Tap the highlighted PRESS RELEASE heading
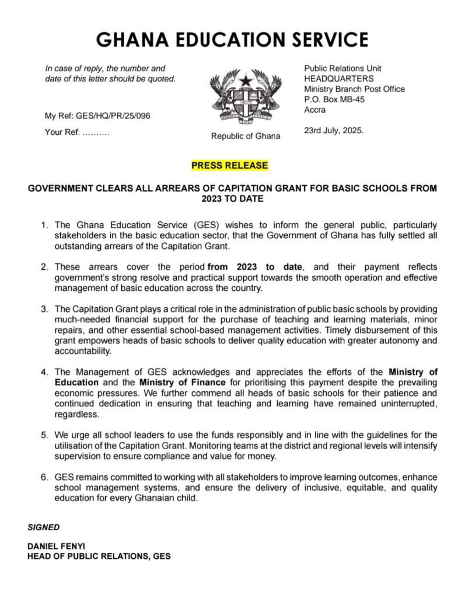point(230,166)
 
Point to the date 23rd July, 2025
point(334,131)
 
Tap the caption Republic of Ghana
point(246,137)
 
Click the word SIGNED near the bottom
point(44,527)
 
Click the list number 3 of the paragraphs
point(44,308)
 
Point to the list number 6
point(44,478)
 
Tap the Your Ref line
point(77,133)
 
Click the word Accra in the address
point(315,110)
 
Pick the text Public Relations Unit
point(343,69)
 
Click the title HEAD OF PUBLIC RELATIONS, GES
point(99,557)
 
